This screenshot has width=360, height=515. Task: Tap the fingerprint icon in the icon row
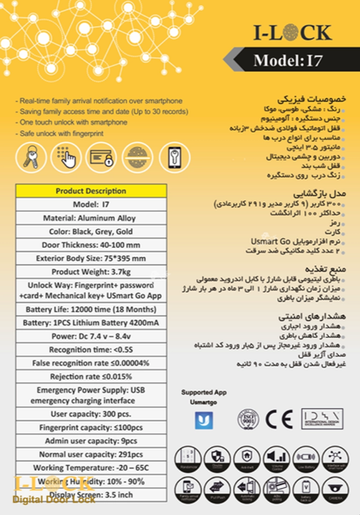tap(138, 157)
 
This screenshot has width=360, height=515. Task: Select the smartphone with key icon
tap(172, 157)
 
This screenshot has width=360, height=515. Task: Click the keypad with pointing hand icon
tap(66, 157)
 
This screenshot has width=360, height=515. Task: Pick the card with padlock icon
tap(102, 157)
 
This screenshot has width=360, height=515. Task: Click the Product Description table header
tap(91, 191)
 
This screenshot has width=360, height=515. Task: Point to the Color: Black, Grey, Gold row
tap(91, 232)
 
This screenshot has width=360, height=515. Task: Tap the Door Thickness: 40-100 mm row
tap(91, 246)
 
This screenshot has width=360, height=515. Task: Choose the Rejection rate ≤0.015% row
tap(91, 376)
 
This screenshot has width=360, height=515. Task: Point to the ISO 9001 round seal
tap(248, 418)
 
